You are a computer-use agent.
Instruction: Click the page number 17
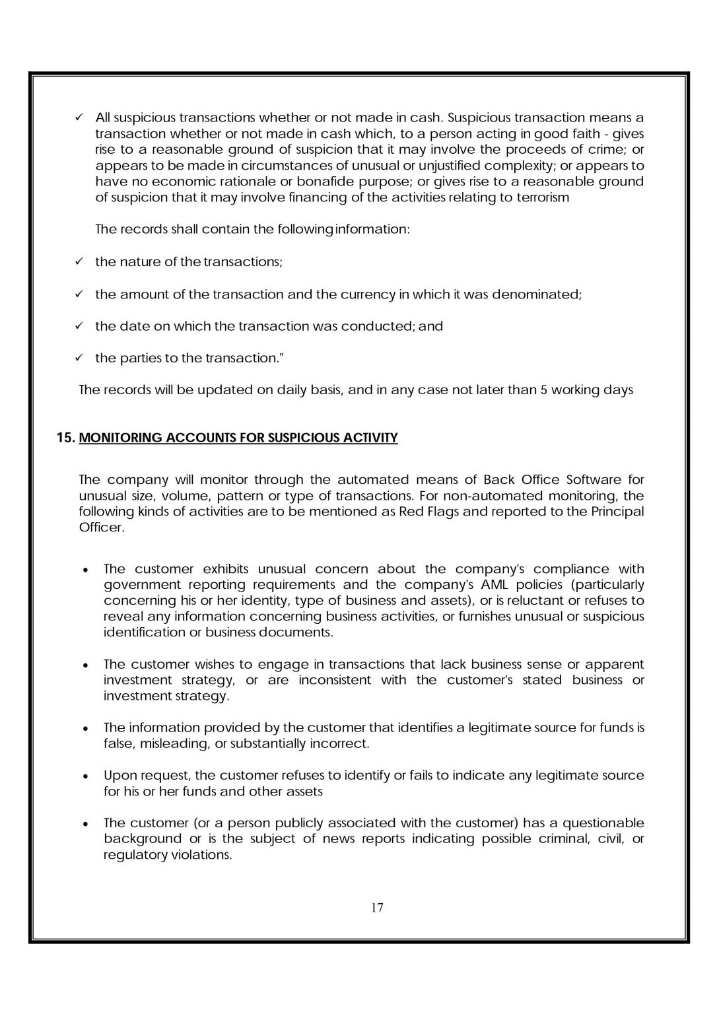tap(377, 908)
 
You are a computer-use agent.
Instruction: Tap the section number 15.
tap(66, 438)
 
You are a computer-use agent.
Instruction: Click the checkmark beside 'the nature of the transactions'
tap(79, 261)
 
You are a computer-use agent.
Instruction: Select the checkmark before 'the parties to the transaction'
tap(79, 358)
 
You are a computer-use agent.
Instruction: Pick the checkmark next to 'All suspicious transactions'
tap(79, 118)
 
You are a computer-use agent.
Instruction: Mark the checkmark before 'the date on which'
tap(79, 326)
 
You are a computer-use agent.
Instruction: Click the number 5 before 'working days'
tap(544, 390)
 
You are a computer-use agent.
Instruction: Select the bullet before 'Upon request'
tap(86, 776)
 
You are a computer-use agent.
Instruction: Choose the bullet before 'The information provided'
tap(86, 729)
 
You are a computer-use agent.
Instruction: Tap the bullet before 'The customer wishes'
tap(86, 665)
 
